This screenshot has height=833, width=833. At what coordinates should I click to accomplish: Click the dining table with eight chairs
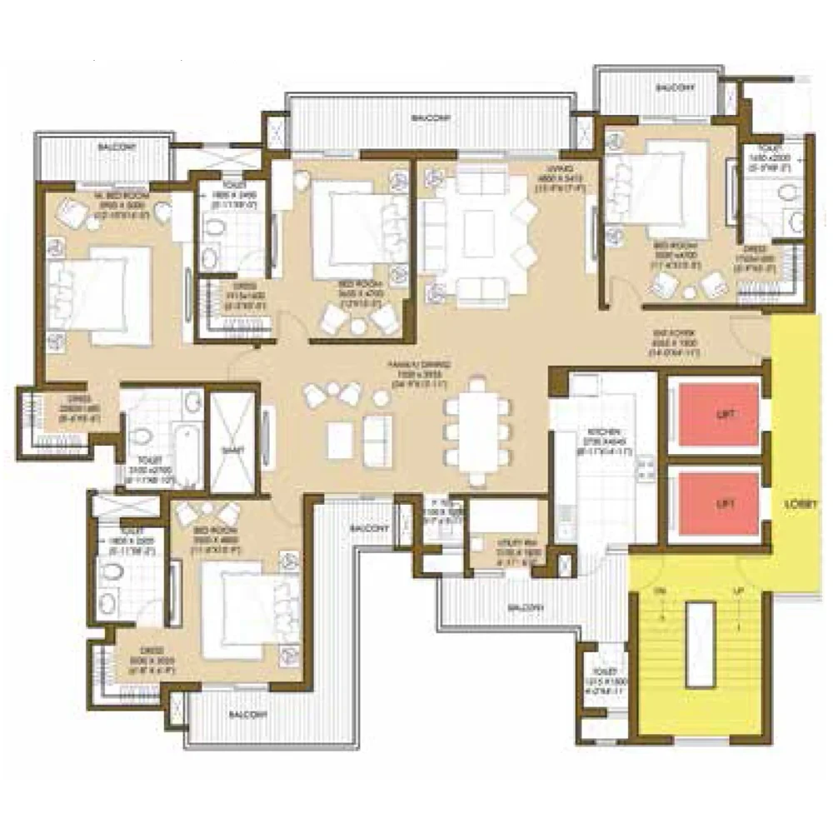(477, 432)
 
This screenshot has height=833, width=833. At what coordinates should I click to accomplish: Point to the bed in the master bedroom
(100, 296)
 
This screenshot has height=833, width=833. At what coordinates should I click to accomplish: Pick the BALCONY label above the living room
(431, 118)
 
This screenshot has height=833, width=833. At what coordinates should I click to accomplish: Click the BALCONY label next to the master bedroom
(115, 147)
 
